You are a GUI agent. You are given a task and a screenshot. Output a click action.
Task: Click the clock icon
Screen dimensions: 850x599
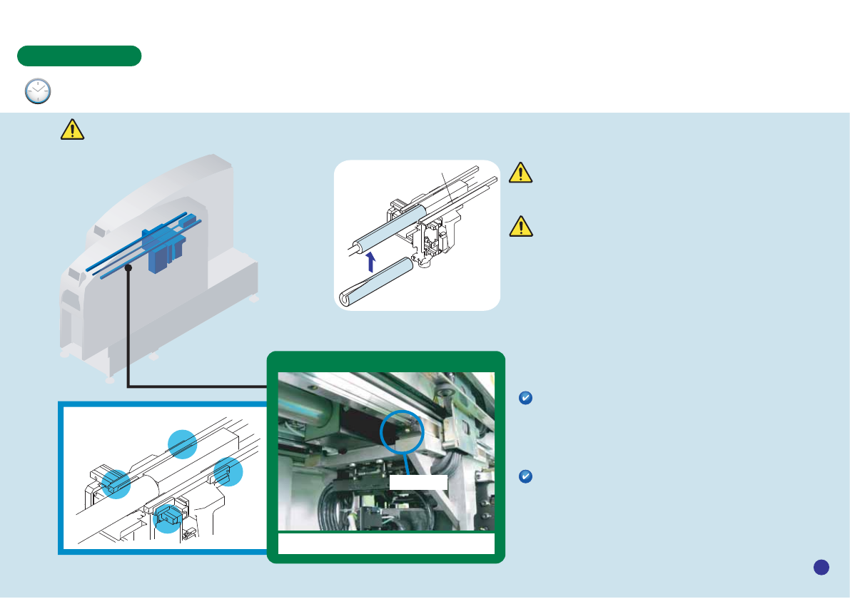coord(38,91)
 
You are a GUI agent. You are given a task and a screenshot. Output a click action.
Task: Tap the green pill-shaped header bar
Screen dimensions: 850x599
coord(79,56)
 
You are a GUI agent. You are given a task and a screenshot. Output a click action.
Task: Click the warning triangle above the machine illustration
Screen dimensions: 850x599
coord(72,128)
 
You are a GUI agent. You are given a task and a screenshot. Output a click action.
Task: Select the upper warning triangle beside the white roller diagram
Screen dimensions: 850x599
coord(521,173)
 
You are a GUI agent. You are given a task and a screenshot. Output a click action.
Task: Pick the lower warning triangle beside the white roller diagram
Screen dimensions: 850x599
coord(522,226)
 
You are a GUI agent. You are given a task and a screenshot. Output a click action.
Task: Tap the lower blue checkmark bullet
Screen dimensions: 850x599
coord(525,477)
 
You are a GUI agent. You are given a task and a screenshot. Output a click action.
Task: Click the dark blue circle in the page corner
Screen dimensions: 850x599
coord(821,567)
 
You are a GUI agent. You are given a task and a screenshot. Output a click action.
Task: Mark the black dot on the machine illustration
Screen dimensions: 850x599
coord(128,268)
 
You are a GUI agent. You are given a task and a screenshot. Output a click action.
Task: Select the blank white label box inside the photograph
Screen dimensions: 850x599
coord(418,482)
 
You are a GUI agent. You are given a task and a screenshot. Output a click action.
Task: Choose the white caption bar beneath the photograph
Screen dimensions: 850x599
coord(386,543)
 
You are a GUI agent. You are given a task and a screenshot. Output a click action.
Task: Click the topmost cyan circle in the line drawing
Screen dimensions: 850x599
coord(182,444)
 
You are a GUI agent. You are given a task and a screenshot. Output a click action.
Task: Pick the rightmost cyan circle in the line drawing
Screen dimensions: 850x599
coord(228,472)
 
